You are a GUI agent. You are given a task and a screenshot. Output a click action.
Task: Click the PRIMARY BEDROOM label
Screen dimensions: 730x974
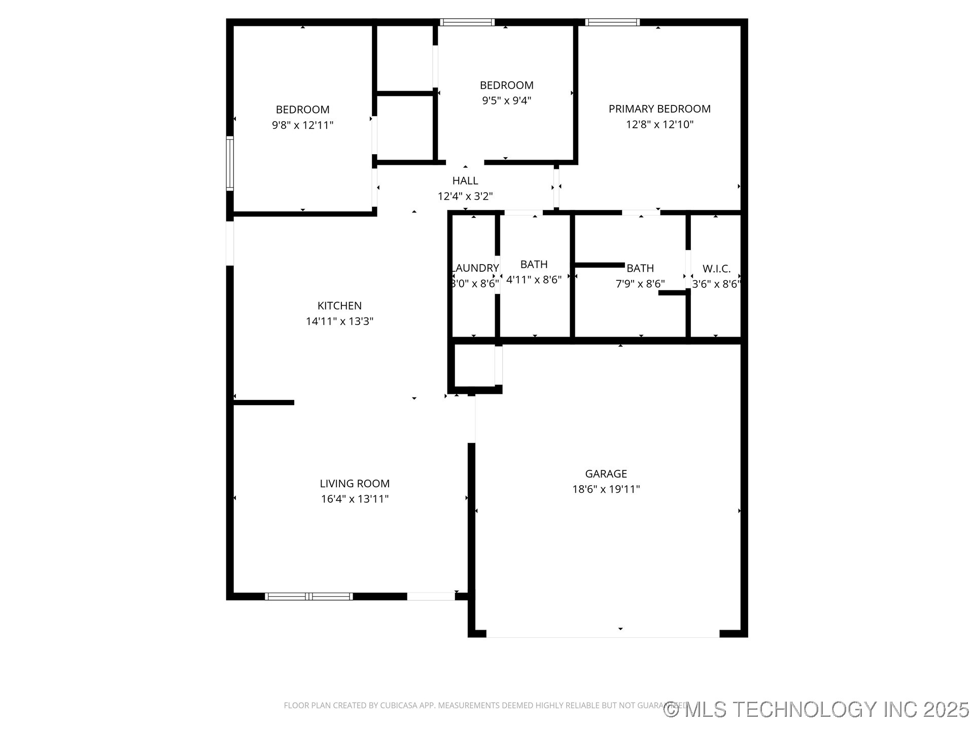pyautogui.click(x=659, y=109)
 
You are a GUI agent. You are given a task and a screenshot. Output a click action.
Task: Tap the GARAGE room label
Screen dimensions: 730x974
pyautogui.click(x=606, y=473)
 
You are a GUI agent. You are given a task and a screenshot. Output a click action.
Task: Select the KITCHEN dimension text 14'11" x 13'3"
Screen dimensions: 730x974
pyautogui.click(x=339, y=321)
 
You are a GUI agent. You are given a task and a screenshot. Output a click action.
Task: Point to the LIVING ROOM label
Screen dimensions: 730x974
pyautogui.click(x=355, y=484)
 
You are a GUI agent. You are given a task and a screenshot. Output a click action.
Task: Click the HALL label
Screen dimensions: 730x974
pyautogui.click(x=465, y=180)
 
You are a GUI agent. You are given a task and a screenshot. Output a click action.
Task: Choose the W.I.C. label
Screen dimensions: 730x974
pyautogui.click(x=716, y=269)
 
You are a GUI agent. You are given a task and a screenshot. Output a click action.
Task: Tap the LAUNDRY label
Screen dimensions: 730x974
pyautogui.click(x=475, y=268)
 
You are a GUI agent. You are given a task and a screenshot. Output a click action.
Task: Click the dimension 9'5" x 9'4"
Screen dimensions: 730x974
pyautogui.click(x=506, y=100)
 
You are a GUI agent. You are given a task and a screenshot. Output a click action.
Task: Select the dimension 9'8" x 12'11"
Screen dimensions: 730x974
pyautogui.click(x=302, y=125)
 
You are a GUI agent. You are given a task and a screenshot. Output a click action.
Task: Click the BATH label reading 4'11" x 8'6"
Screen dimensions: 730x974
pyautogui.click(x=534, y=264)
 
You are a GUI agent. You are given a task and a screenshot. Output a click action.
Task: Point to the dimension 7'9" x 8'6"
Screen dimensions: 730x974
pyautogui.click(x=640, y=284)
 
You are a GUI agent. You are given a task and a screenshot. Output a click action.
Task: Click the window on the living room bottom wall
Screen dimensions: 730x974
pyautogui.click(x=308, y=596)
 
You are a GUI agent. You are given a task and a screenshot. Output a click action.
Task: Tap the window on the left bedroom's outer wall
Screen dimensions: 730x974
pyautogui.click(x=230, y=163)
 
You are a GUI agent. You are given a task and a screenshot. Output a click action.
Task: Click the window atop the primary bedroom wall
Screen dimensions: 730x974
pyautogui.click(x=612, y=22)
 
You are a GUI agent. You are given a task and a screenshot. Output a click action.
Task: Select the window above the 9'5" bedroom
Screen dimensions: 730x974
pyautogui.click(x=467, y=22)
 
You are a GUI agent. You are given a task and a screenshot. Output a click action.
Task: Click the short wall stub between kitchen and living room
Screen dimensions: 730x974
pyautogui.click(x=264, y=403)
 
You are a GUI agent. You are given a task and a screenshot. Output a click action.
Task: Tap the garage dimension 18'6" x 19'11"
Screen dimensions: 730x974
pyautogui.click(x=606, y=489)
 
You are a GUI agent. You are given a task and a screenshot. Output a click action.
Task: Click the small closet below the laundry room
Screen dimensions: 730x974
pyautogui.click(x=474, y=365)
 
